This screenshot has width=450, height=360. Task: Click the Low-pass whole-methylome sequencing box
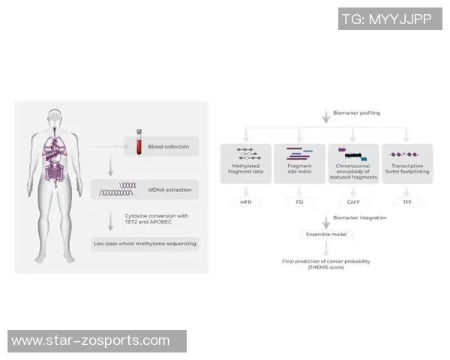[x=145, y=244]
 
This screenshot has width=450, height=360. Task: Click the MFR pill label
[x=245, y=202]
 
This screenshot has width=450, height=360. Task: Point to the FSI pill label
[x=300, y=202]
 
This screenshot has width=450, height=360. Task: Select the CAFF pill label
[x=352, y=202]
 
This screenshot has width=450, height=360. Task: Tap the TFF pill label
[x=406, y=202]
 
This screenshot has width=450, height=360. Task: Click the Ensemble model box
[x=324, y=235]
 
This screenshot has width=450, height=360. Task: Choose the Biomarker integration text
[x=358, y=217]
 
